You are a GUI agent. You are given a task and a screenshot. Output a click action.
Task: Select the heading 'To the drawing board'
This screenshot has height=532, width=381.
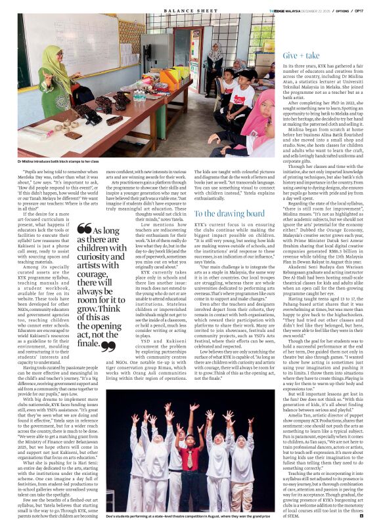click(230, 213)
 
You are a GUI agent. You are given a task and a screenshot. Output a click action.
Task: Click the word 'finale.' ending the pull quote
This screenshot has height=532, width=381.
click(90, 343)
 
